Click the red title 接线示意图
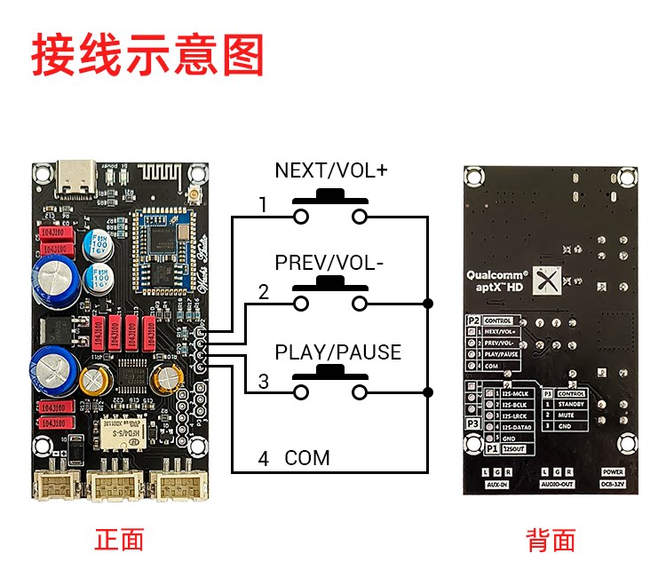[148, 55]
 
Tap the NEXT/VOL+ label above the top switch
[331, 170]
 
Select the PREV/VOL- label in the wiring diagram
[329, 264]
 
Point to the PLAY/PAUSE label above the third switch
[337, 352]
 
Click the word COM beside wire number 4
[307, 458]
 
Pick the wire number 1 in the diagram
[263, 205]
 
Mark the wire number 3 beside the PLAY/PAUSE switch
[263, 382]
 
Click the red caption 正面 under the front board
[119, 539]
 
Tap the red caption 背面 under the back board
[551, 540]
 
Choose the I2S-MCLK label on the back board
[515, 392]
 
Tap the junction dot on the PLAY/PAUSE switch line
[428, 391]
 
